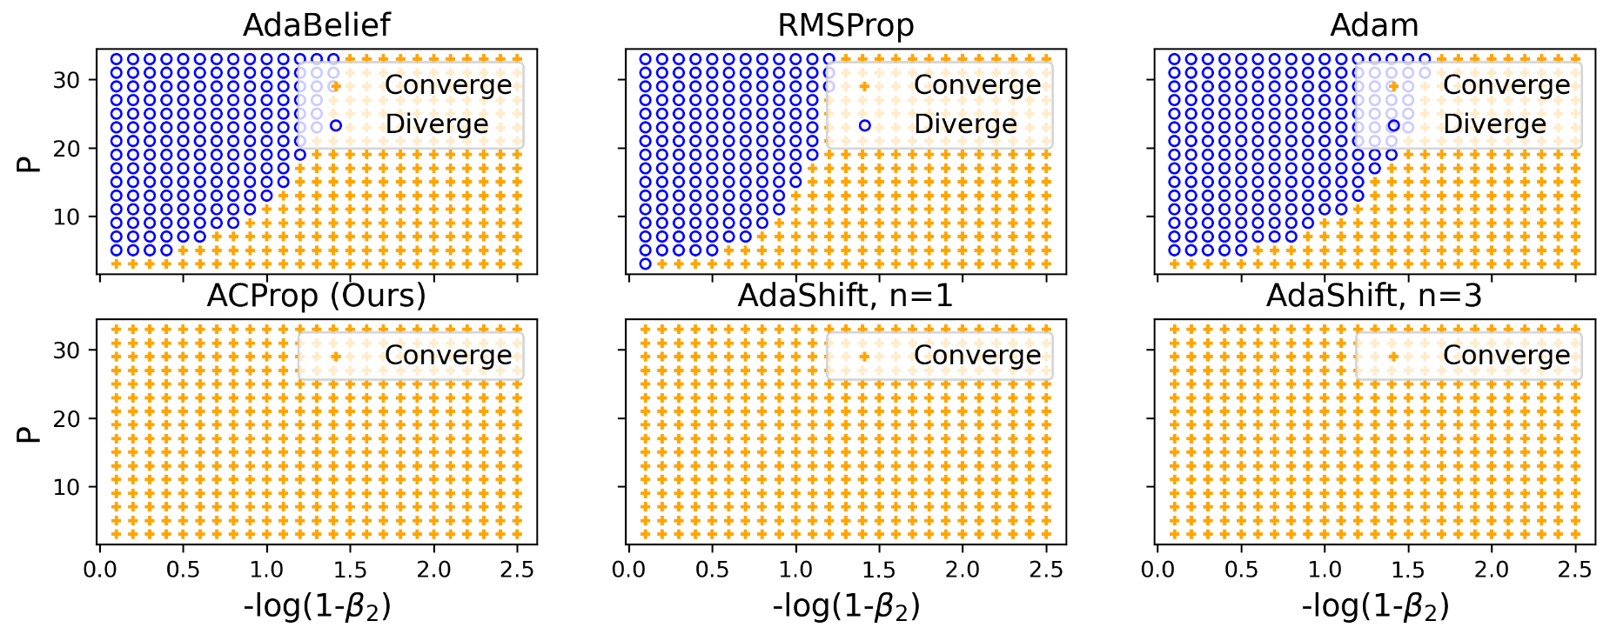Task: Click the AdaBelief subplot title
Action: [x=317, y=25]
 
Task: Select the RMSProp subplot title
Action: [x=846, y=25]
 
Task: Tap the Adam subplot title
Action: [x=1374, y=25]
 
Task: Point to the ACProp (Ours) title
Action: [x=317, y=296]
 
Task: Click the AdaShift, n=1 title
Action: [x=846, y=296]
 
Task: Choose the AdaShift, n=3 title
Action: [x=1374, y=296]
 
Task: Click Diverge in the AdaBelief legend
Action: [x=436, y=124]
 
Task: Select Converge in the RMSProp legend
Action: [x=976, y=85]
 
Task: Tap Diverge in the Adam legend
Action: [x=1493, y=124]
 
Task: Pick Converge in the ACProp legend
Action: [x=448, y=356]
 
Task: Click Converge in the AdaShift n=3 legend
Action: [x=1506, y=356]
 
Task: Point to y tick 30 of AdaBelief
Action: [x=66, y=80]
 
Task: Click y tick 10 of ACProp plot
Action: [x=66, y=488]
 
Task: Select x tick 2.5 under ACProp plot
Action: [x=517, y=570]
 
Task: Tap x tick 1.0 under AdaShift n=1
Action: [x=795, y=570]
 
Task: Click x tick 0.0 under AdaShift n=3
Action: [x=1157, y=570]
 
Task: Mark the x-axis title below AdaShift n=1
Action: [x=846, y=605]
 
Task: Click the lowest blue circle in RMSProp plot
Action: [x=645, y=264]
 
